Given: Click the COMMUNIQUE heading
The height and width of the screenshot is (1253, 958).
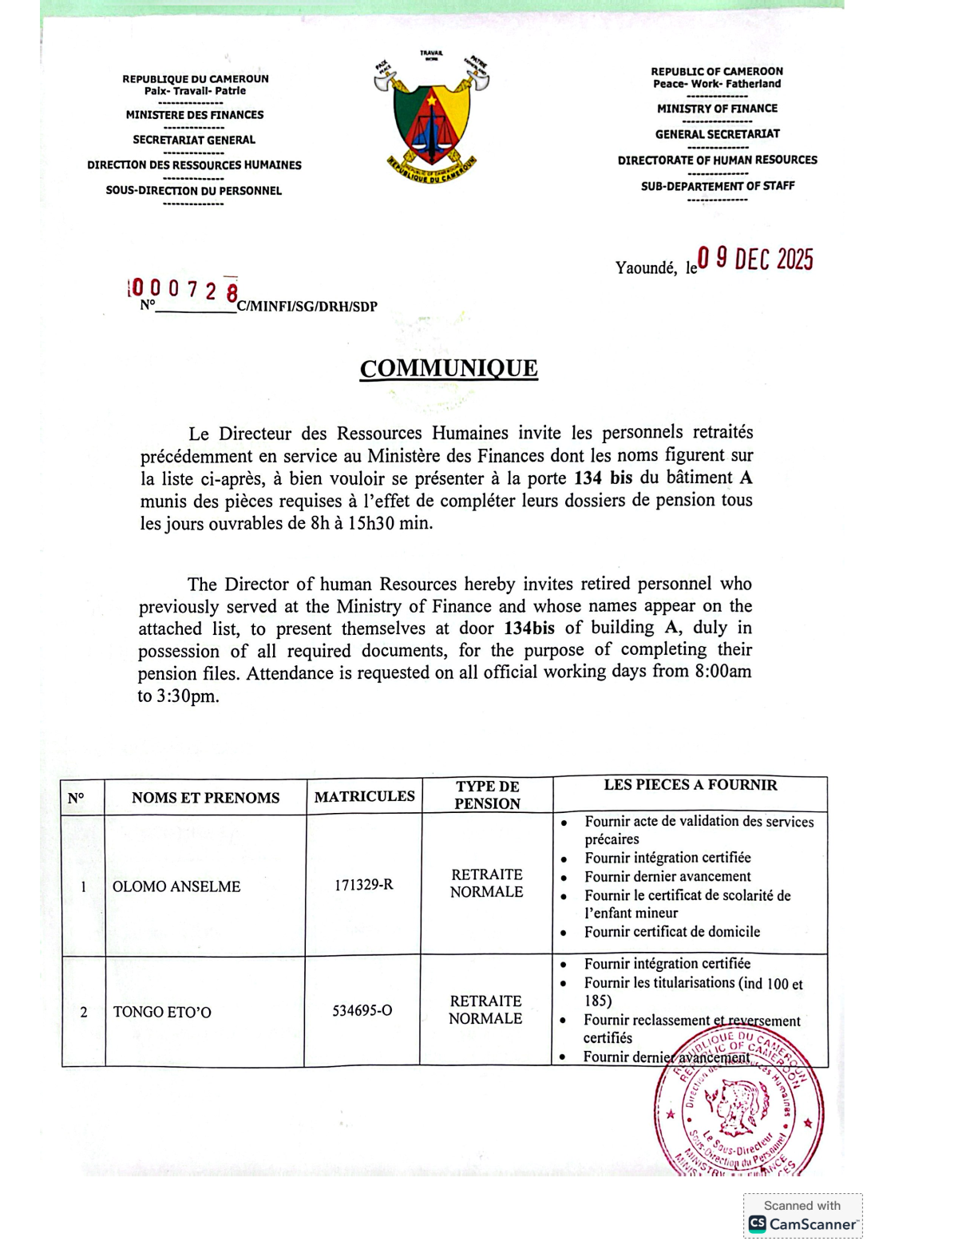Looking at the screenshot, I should (x=449, y=368).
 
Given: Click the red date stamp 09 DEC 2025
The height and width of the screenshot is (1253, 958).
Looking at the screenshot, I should (x=755, y=260).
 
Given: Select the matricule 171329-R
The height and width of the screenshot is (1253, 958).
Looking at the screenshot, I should (x=364, y=885).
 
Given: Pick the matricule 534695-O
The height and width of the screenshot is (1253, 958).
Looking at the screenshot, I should (x=362, y=1010).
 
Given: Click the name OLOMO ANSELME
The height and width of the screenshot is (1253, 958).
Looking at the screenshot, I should (x=176, y=886).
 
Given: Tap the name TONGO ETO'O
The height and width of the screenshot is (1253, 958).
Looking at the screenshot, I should (x=162, y=1012).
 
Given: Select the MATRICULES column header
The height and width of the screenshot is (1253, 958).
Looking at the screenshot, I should (x=364, y=796).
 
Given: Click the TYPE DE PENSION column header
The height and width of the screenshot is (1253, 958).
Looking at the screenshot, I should (x=487, y=795).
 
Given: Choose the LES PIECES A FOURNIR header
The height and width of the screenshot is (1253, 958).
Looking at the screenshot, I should (x=691, y=785).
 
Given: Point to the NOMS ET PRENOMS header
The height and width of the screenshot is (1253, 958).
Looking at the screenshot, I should (x=205, y=798).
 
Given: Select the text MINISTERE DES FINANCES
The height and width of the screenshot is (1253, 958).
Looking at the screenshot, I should (x=195, y=115).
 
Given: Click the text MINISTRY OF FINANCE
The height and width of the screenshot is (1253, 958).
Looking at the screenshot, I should (x=717, y=109).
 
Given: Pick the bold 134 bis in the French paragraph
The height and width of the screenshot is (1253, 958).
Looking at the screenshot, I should (x=603, y=478).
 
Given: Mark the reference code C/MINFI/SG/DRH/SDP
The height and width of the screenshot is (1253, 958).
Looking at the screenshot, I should (x=307, y=307).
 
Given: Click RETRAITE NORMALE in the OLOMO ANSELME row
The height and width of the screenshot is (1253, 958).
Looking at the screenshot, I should (x=487, y=883).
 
